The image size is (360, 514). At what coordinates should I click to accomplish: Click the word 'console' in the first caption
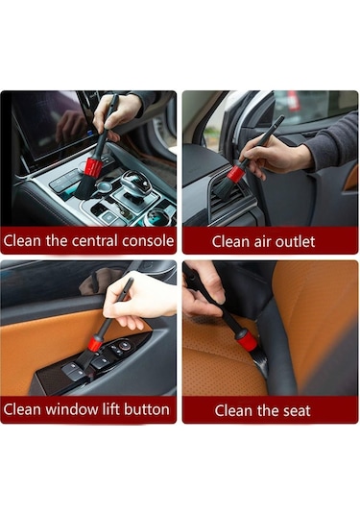click(148, 241)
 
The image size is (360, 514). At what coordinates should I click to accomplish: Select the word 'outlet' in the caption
click(295, 241)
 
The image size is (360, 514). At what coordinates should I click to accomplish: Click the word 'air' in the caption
click(263, 242)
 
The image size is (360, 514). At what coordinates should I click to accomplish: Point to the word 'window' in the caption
click(70, 409)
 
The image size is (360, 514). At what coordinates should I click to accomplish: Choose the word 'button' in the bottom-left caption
click(147, 409)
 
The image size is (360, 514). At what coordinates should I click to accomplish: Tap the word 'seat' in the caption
click(297, 411)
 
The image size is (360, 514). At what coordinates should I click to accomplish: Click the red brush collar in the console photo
click(93, 167)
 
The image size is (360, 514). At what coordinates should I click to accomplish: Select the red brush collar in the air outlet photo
click(236, 174)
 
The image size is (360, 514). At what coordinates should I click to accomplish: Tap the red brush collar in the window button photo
click(96, 343)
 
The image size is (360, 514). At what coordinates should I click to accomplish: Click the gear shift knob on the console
click(136, 183)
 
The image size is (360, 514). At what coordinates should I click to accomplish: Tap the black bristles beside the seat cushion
click(260, 361)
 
